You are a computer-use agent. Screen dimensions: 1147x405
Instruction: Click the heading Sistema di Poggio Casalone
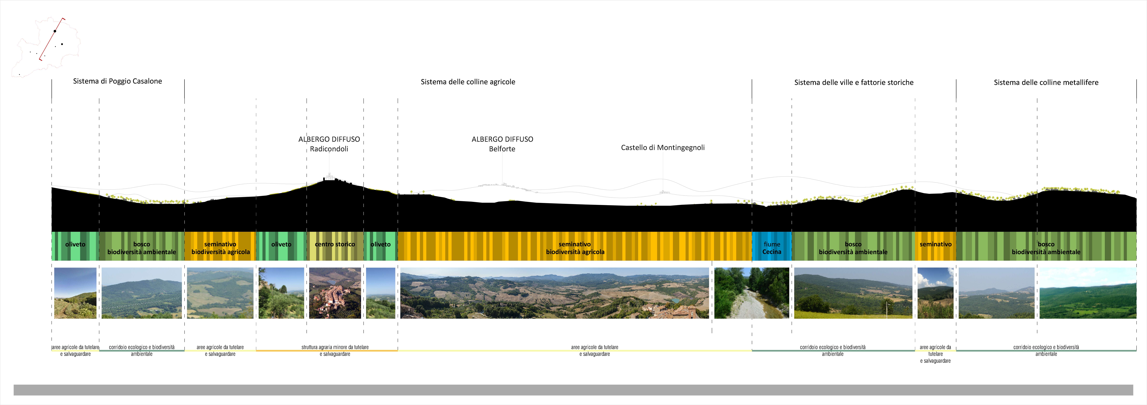point(118,81)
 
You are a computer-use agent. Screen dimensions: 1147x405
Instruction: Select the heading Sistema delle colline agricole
point(468,82)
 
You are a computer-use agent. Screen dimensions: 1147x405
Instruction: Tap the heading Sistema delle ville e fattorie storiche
point(854,82)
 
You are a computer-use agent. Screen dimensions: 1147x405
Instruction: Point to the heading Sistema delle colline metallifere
point(1046,82)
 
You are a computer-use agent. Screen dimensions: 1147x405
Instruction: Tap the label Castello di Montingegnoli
point(663,148)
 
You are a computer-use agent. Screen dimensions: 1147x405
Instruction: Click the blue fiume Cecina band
point(772,246)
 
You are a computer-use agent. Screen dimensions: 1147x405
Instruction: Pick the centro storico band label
point(335,244)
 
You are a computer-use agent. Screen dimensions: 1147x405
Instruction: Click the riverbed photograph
point(752,293)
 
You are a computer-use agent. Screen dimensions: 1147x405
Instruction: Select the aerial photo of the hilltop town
point(335,293)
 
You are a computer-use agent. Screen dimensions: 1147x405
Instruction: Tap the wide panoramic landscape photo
point(554,293)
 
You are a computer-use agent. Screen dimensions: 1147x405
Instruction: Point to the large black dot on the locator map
point(55,31)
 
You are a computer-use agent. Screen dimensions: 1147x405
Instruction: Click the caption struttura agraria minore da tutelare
point(335,347)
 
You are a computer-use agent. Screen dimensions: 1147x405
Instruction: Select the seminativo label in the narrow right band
point(935,244)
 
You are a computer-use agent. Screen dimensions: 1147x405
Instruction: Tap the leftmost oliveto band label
point(75,244)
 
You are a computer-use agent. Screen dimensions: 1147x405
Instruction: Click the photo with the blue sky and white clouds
point(935,293)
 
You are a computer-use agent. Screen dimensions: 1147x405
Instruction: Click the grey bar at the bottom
point(573,390)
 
